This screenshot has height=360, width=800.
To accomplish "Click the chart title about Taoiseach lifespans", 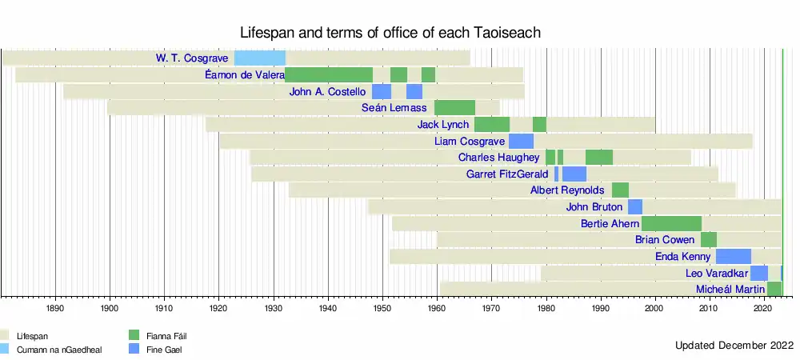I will pos(391,33).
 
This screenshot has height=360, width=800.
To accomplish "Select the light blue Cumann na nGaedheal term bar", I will pos(259,58).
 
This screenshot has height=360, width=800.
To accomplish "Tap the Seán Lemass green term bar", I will pos(454,108).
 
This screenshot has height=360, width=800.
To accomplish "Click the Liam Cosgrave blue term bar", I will pos(521,142).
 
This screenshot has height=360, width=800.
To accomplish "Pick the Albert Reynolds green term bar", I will pos(620,190).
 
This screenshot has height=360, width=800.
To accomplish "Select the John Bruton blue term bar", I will pos(635,207).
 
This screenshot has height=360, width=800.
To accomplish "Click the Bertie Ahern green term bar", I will pos(671,223).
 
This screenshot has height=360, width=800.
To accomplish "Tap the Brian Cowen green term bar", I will pos(709,240).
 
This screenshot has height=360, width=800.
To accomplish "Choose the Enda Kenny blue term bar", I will pos(733,257).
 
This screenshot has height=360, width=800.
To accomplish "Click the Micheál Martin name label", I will pos(730,289).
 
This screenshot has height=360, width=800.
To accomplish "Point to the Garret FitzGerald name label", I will pos(507,174).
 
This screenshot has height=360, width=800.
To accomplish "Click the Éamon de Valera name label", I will pos(244,75).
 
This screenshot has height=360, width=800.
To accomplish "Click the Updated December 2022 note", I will pos(734,346).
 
